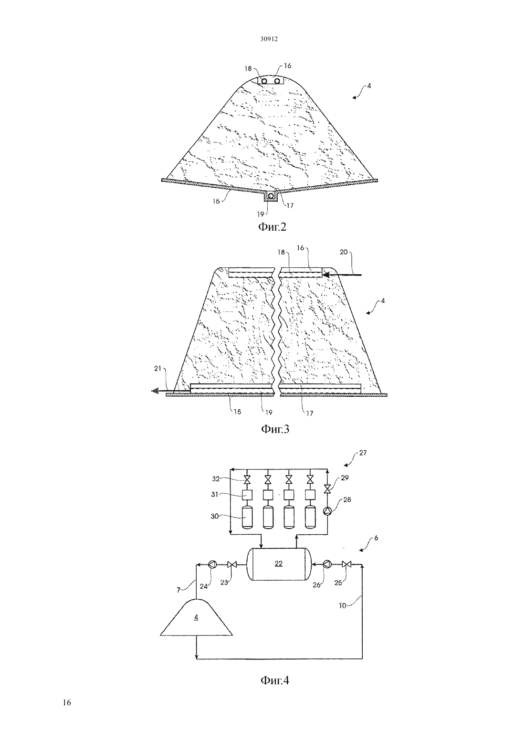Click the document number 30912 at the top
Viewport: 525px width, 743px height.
point(269,39)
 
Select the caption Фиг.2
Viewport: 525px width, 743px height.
point(272,227)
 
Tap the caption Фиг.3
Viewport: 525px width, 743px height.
point(275,429)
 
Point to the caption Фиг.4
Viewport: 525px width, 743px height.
point(275,680)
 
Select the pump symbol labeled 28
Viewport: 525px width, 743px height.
point(327,511)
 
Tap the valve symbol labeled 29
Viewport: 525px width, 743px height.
point(327,489)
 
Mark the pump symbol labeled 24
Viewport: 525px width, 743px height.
point(212,564)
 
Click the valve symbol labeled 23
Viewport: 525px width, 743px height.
point(231,564)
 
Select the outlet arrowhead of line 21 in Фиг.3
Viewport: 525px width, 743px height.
point(155,392)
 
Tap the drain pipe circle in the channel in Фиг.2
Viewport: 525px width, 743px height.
point(271,196)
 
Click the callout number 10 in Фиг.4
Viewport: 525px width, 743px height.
point(342,605)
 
